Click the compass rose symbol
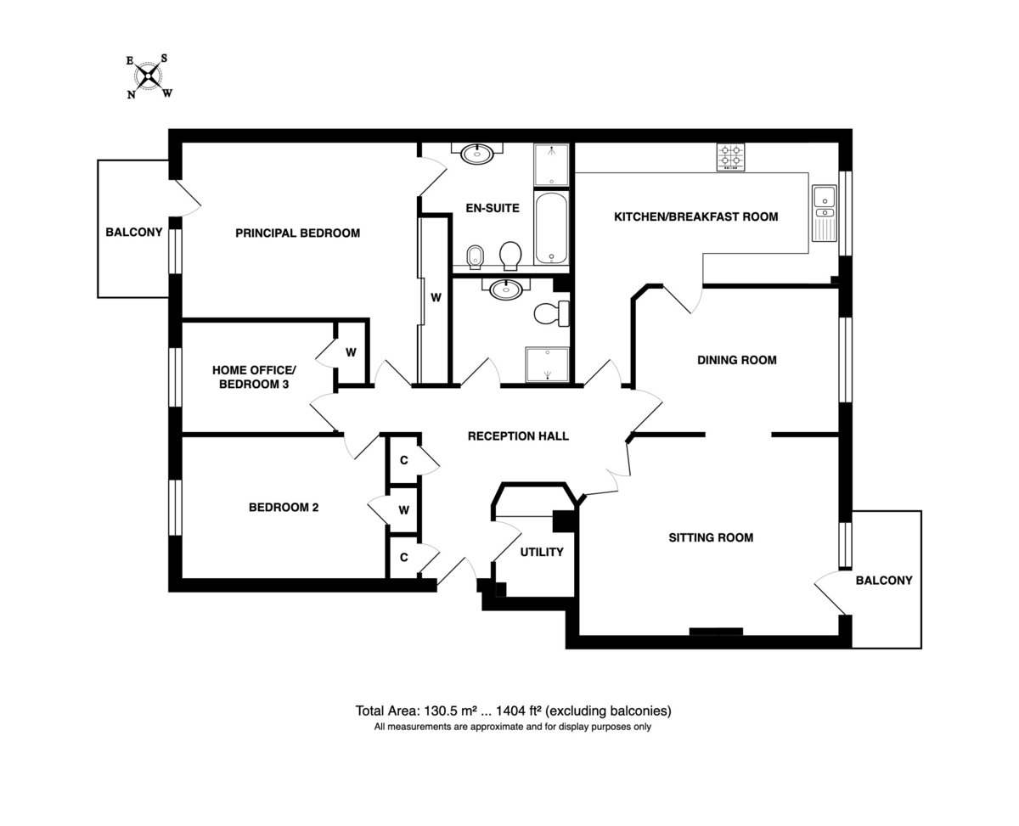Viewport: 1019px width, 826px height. [x=149, y=76]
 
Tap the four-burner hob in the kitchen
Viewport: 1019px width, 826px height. [x=730, y=157]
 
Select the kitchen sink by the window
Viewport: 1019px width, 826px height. [x=825, y=213]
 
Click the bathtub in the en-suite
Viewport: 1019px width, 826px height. [x=551, y=228]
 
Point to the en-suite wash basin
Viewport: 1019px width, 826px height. [x=477, y=154]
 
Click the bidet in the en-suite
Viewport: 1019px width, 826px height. [x=475, y=257]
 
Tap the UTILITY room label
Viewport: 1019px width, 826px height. [x=542, y=552]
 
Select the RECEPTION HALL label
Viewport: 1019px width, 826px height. [x=518, y=436]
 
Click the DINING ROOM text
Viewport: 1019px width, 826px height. [x=737, y=360]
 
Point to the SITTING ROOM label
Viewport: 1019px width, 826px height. [x=711, y=537]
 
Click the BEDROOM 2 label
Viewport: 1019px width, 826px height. [x=284, y=508]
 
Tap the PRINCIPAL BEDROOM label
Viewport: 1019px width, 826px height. [x=297, y=233]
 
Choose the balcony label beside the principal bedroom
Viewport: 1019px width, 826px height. [x=134, y=233]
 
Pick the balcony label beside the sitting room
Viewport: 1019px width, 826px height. [x=884, y=581]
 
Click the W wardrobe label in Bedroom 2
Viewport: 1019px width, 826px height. [x=403, y=510]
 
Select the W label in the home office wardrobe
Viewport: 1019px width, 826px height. [x=351, y=352]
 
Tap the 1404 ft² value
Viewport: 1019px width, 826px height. [x=519, y=711]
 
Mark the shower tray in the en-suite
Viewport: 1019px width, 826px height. [x=551, y=165]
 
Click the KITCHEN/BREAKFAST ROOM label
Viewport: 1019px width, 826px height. [x=696, y=217]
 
